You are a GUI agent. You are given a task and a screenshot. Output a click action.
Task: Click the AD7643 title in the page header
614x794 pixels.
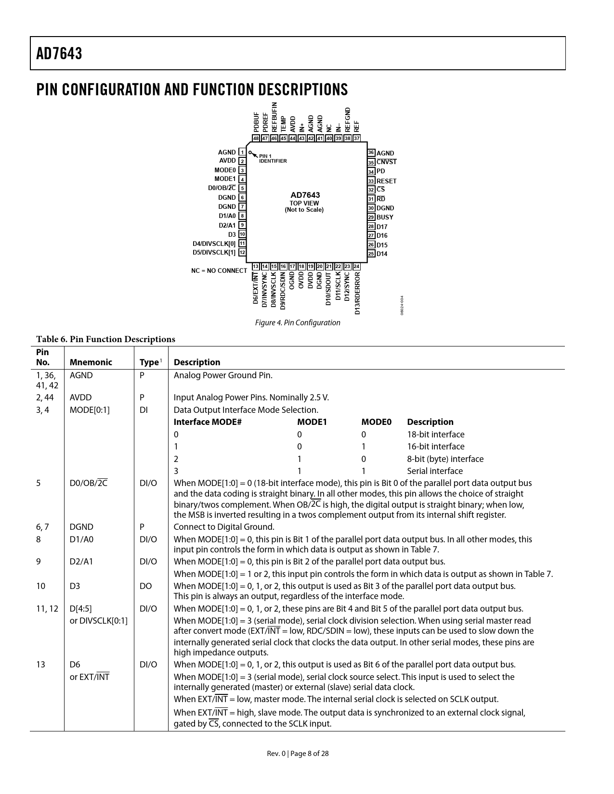pyautogui.click(x=59, y=54)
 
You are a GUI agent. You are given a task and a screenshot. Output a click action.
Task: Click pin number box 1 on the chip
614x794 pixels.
pyautogui.click(x=242, y=152)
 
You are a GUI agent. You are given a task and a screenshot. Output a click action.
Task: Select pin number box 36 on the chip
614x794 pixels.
pyautogui.click(x=371, y=153)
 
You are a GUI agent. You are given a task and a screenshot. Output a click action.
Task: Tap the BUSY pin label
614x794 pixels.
pyautogui.click(x=385, y=217)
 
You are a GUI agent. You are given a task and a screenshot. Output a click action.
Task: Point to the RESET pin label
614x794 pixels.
pyautogui.click(x=386, y=181)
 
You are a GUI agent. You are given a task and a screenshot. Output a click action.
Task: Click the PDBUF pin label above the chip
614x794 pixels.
pyautogui.click(x=256, y=122)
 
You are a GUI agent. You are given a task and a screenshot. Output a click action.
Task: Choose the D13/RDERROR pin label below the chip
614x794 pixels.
pyautogui.click(x=357, y=293)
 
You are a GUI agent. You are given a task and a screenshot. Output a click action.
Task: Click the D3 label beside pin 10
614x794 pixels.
pyautogui.click(x=232, y=234)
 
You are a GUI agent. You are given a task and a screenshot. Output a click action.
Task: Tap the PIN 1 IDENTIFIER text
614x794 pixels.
pyautogui.click(x=273, y=158)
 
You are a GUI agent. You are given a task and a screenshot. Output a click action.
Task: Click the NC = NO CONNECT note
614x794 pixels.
pyautogui.click(x=219, y=270)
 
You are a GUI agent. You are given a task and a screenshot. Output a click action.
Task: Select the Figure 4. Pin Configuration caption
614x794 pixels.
pyautogui.click(x=297, y=322)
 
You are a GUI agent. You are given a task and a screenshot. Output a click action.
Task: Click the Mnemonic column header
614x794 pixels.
pyautogui.click(x=91, y=362)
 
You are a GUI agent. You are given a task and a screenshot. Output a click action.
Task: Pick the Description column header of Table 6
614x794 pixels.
pyautogui.click(x=196, y=362)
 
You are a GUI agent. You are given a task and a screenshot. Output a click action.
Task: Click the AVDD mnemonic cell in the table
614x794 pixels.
pyautogui.click(x=80, y=397)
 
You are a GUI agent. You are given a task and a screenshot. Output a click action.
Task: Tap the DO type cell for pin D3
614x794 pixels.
pyautogui.click(x=145, y=586)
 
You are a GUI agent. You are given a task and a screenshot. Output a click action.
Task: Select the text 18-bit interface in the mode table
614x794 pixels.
pyautogui.click(x=435, y=435)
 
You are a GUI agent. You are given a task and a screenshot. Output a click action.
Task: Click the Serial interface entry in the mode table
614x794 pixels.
pyautogui.click(x=434, y=471)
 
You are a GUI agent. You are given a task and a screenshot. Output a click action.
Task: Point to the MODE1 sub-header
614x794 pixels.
pyautogui.click(x=312, y=422)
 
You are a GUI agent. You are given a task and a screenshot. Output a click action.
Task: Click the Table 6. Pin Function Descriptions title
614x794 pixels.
pyautogui.click(x=105, y=339)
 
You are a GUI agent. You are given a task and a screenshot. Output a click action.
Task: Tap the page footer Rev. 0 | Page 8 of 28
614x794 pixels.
pyautogui.click(x=298, y=754)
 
